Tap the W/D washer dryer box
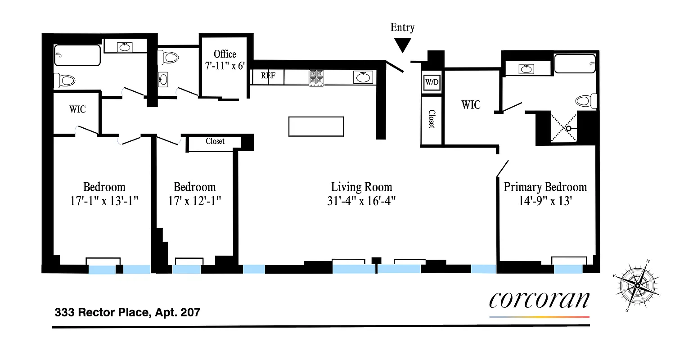tap(432, 83)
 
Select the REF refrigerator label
tap(268, 76)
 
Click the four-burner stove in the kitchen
tap(316, 77)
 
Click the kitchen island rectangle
tap(316, 126)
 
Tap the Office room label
tap(225, 54)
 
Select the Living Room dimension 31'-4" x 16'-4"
tap(361, 201)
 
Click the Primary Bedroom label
tap(545, 187)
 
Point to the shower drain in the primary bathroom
tap(569, 128)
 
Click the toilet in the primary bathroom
tap(586, 101)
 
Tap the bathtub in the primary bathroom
tap(575, 63)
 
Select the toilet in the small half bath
tap(169, 57)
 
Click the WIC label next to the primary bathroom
tap(471, 105)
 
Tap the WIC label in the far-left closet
tap(77, 109)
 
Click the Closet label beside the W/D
tap(432, 119)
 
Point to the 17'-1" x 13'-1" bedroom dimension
tap(104, 201)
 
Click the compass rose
tap(637, 286)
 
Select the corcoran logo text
tap(539, 300)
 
